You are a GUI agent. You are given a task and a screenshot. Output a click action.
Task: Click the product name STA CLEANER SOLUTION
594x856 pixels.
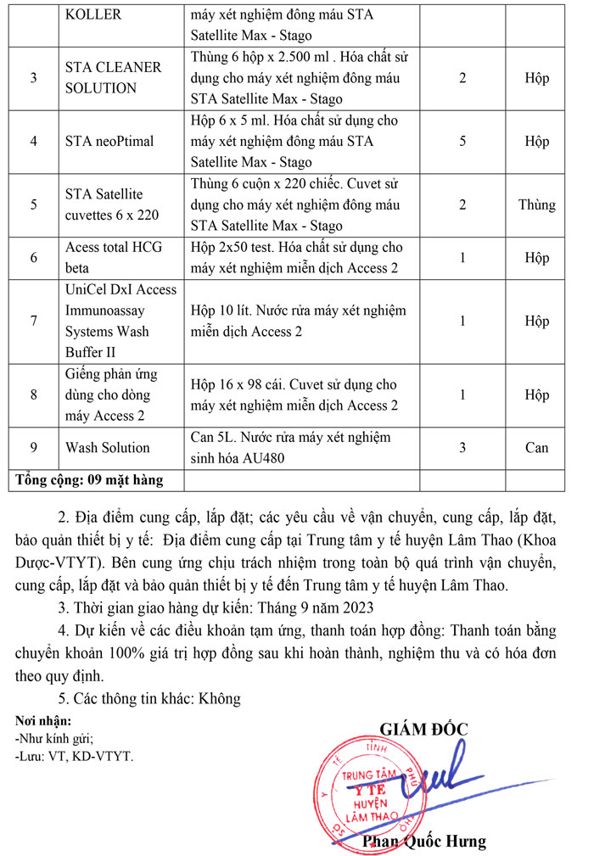tap(100, 78)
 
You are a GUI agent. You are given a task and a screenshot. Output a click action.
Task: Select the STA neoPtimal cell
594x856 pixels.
tap(109, 141)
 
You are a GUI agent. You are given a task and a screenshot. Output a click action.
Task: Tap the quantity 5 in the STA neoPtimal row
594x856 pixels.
tap(462, 141)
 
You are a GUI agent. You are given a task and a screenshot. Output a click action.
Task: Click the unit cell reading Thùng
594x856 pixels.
tap(536, 204)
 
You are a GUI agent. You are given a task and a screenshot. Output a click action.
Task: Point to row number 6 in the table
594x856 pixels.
tap(33, 257)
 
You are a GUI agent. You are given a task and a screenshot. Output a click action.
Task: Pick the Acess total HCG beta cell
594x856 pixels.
tap(114, 257)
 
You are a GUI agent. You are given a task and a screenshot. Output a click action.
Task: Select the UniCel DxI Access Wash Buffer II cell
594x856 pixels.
tap(120, 321)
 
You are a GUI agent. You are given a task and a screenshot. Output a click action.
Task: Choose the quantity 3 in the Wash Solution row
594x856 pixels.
tap(462, 447)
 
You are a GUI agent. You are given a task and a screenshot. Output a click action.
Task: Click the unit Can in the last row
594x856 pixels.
tap(536, 447)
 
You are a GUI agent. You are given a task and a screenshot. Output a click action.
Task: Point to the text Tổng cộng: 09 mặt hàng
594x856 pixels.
tap(89, 480)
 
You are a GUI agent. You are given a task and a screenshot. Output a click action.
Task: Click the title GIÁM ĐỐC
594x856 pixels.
tap(423, 728)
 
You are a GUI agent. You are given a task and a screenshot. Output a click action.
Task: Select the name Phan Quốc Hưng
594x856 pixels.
tap(424, 841)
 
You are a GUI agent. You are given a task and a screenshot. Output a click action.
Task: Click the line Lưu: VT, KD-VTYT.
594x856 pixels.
tap(75, 755)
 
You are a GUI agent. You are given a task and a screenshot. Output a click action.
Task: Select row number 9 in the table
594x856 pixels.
tap(33, 447)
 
